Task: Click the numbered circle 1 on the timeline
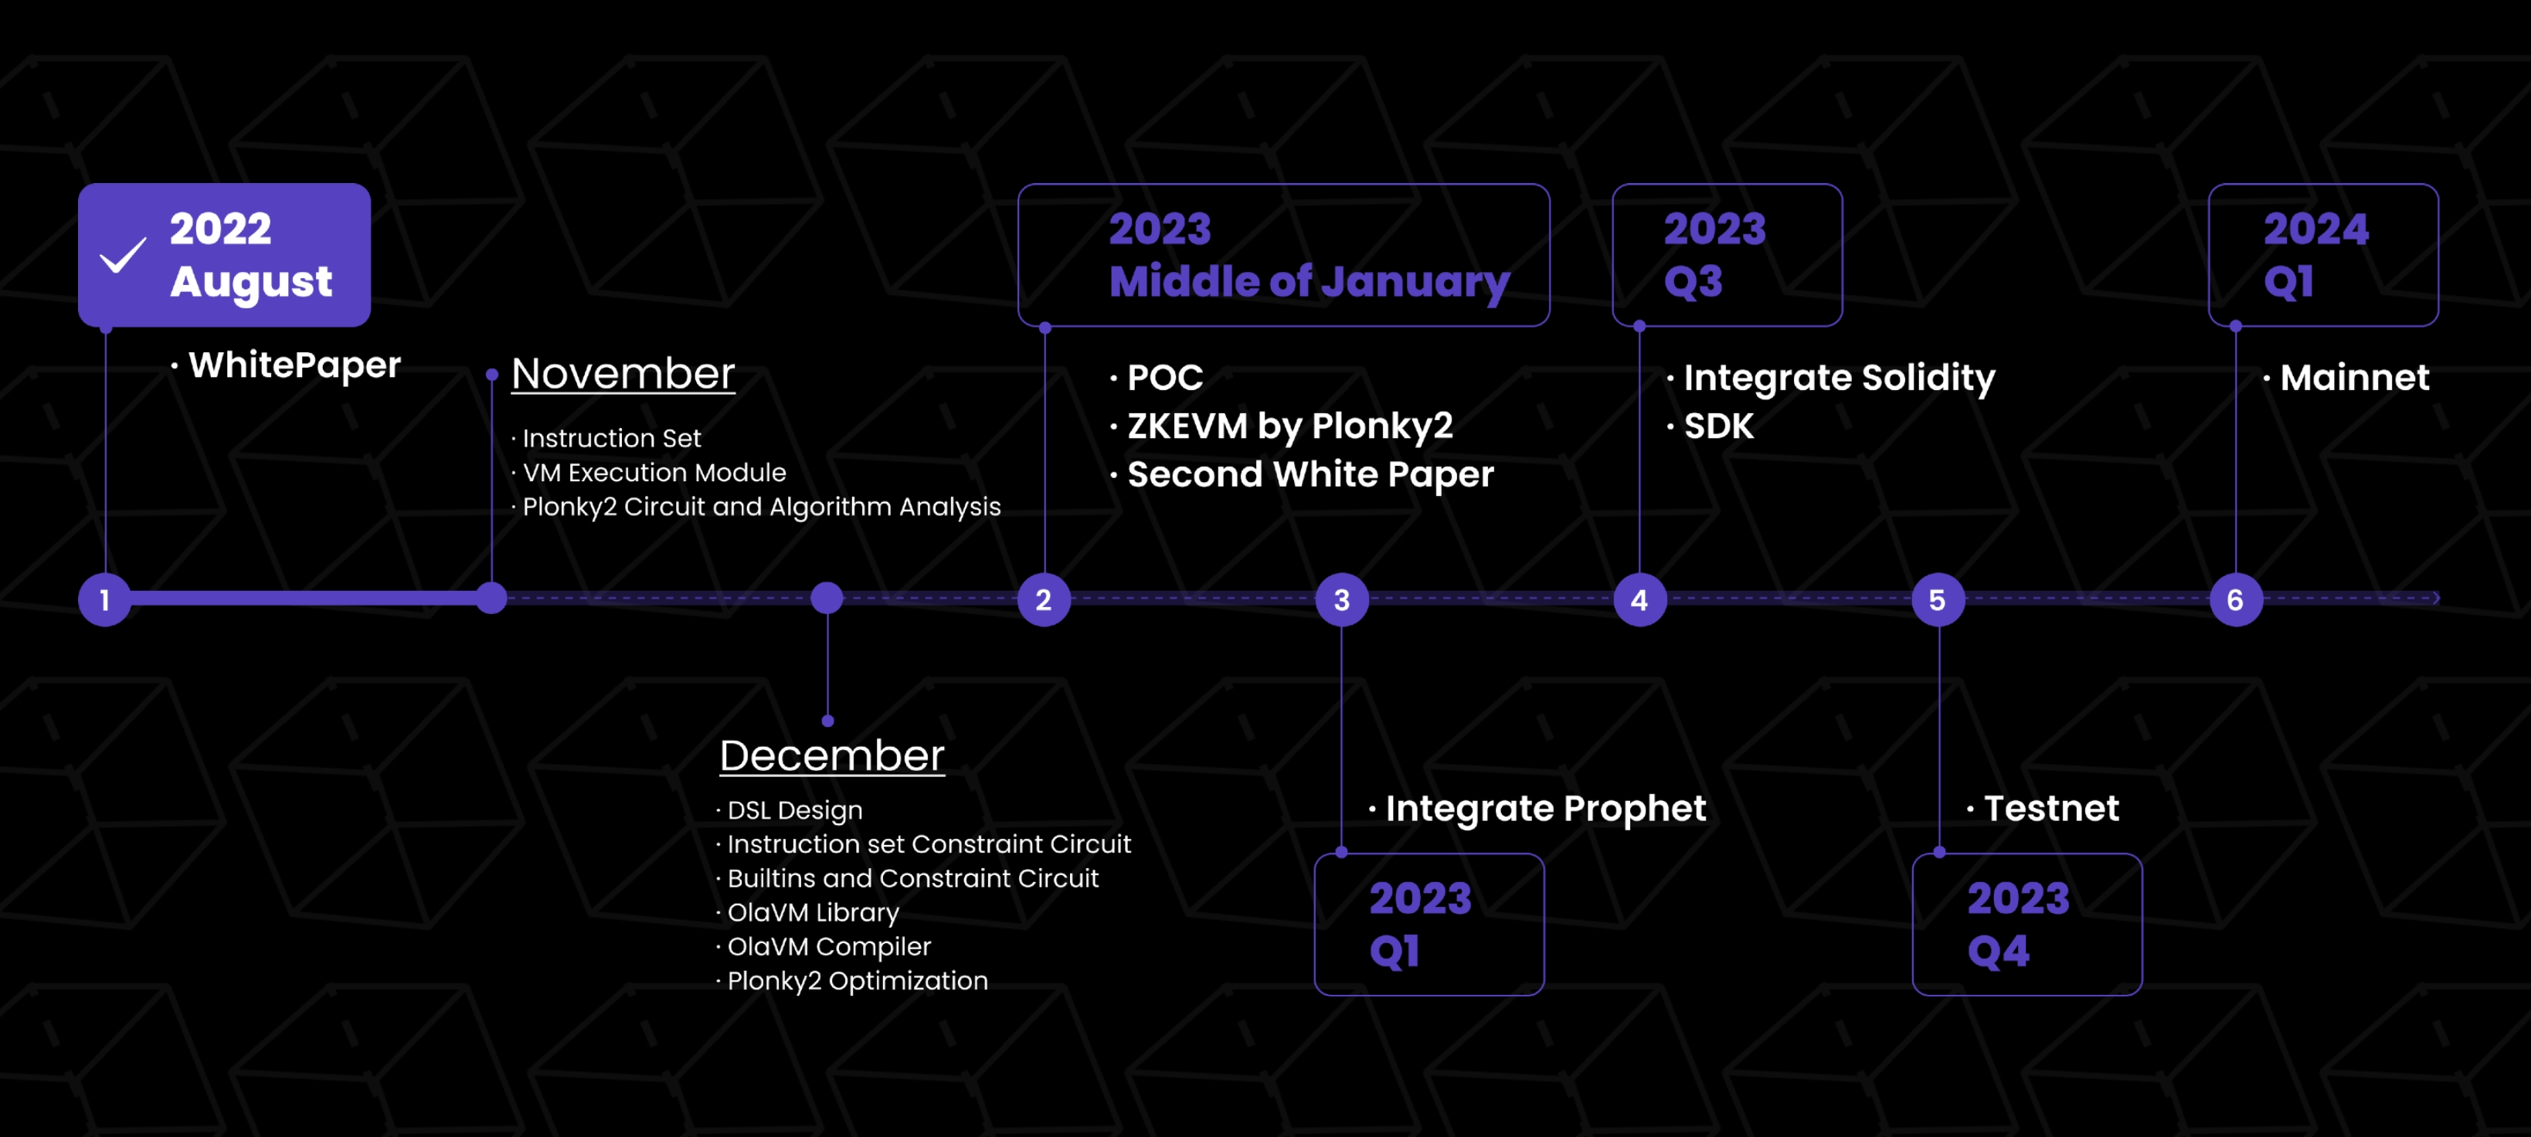(x=105, y=599)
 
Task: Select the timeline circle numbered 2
(x=1044, y=599)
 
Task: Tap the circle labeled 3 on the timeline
(x=1342, y=599)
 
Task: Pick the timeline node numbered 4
(x=1640, y=599)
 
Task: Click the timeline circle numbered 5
(x=1938, y=599)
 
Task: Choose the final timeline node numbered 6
(x=2236, y=599)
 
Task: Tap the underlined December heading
(x=832, y=755)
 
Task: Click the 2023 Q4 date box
(x=2027, y=924)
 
